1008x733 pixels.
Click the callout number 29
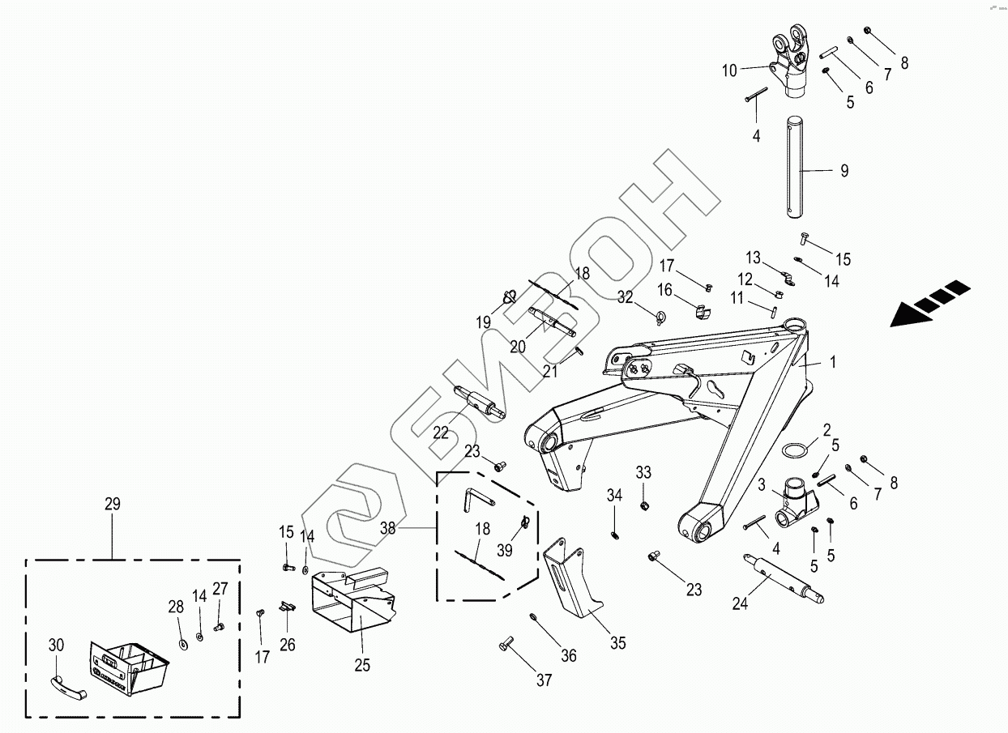pyautogui.click(x=113, y=504)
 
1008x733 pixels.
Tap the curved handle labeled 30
pyautogui.click(x=68, y=687)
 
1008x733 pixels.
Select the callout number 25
pyautogui.click(x=362, y=665)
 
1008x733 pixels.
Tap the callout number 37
pyautogui.click(x=544, y=680)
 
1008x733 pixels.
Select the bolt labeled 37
pyautogui.click(x=506, y=644)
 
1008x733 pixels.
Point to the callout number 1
pyautogui.click(x=832, y=361)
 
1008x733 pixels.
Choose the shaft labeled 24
pyautogui.click(x=784, y=578)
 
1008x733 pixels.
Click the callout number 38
pyautogui.click(x=387, y=528)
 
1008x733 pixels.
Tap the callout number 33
pyautogui.click(x=643, y=472)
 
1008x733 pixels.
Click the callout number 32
pyautogui.click(x=625, y=296)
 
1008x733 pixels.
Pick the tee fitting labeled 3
pyautogui.click(x=797, y=503)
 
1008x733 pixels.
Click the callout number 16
pyautogui.click(x=664, y=290)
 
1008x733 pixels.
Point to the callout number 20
pyautogui.click(x=518, y=347)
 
